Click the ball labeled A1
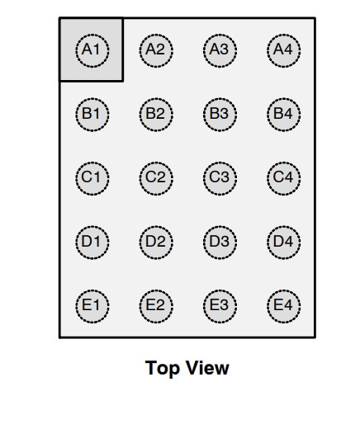[92, 50]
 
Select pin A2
[156, 50]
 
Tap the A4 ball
[284, 50]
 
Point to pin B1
[92, 115]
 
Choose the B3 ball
[220, 115]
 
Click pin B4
[284, 115]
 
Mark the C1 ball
[92, 178]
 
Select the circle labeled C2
[156, 178]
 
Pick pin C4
[284, 178]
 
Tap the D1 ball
[92, 243]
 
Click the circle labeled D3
[220, 243]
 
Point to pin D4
[284, 243]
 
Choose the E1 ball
[92, 306]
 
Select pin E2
[156, 306]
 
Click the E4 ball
[284, 306]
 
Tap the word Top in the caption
[163, 369]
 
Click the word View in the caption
[208, 367]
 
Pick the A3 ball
[220, 50]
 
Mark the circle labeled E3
[220, 306]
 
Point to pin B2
[156, 115]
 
